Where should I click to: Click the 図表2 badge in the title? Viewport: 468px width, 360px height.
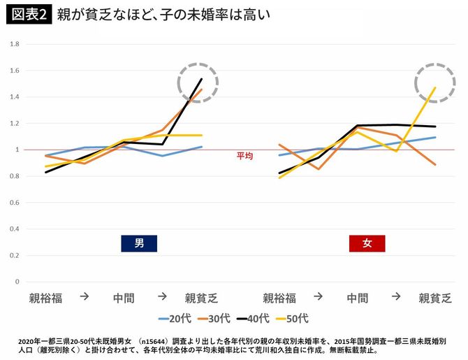(29, 14)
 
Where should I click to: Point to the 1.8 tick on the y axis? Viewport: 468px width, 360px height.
(15, 44)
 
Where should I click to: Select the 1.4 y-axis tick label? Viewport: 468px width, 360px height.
(15, 97)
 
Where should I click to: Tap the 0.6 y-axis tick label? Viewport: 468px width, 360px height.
(15, 203)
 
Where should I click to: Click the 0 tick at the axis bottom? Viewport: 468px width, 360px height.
(17, 282)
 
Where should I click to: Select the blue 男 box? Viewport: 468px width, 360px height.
(139, 243)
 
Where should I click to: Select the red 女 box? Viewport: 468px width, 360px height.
(367, 243)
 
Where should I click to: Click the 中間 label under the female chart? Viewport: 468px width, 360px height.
(358, 298)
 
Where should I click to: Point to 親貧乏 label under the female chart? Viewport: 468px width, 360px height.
(434, 298)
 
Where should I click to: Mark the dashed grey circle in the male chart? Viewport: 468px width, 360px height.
(198, 83)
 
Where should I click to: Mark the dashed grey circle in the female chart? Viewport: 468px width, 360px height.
(434, 83)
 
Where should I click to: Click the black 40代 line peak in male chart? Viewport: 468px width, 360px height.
(202, 79)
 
